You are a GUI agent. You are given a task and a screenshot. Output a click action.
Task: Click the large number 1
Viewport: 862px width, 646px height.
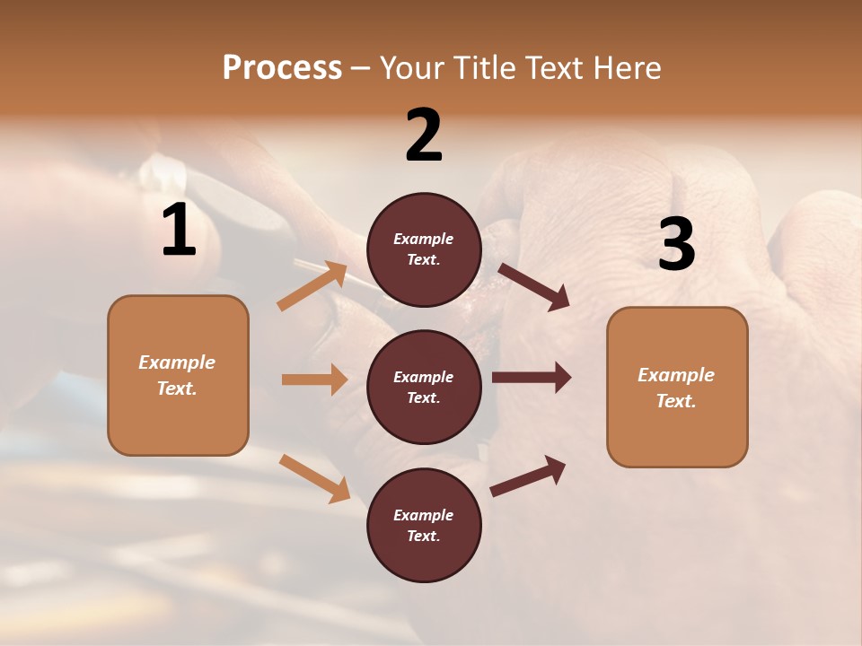click(x=179, y=231)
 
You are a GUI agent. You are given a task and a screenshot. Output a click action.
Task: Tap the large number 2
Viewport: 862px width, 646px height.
click(x=424, y=135)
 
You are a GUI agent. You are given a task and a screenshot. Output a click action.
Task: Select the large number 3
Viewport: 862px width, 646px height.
click(x=676, y=245)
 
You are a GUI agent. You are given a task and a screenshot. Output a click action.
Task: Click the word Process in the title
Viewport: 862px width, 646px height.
click(x=282, y=67)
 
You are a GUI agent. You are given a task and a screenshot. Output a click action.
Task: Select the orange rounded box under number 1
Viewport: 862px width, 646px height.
click(x=178, y=375)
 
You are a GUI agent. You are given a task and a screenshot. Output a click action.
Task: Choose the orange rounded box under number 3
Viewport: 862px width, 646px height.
click(x=677, y=388)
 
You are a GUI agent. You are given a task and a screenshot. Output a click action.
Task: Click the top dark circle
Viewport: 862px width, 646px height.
click(x=424, y=249)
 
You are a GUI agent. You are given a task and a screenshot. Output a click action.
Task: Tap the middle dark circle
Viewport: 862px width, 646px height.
click(x=424, y=387)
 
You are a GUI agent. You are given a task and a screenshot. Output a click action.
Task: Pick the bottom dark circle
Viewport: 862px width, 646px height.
click(x=424, y=525)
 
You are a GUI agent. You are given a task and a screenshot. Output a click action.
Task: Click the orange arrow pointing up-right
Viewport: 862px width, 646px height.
click(x=312, y=285)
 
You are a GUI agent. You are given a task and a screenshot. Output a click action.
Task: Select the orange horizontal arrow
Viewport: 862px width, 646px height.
click(x=314, y=380)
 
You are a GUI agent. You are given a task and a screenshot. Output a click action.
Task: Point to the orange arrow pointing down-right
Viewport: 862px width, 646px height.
click(x=314, y=478)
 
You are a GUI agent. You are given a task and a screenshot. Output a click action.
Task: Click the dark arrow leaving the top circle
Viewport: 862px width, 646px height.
click(x=533, y=287)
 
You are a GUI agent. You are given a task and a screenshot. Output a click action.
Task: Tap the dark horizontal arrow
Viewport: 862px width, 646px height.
click(x=532, y=378)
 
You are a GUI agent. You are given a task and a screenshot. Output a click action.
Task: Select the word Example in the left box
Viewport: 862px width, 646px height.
click(x=177, y=362)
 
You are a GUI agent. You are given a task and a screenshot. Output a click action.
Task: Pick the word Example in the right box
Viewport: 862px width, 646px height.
click(x=676, y=375)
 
